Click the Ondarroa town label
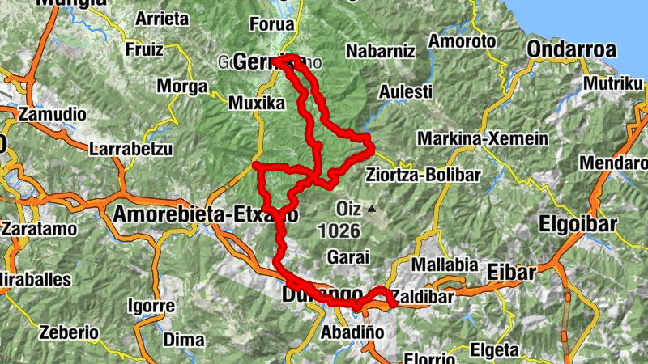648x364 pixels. pos(571,49)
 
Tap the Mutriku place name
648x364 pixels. pos(612,82)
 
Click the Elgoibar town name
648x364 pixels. pos(578,223)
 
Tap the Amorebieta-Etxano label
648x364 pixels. pos(205,215)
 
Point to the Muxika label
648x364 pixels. pos(256,103)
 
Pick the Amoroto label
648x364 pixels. pos(462,40)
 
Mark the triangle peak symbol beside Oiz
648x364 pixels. pos(372,210)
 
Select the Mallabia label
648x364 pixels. pos(441,265)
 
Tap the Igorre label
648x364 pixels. pos(151,306)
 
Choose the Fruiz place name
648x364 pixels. pos(144,49)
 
